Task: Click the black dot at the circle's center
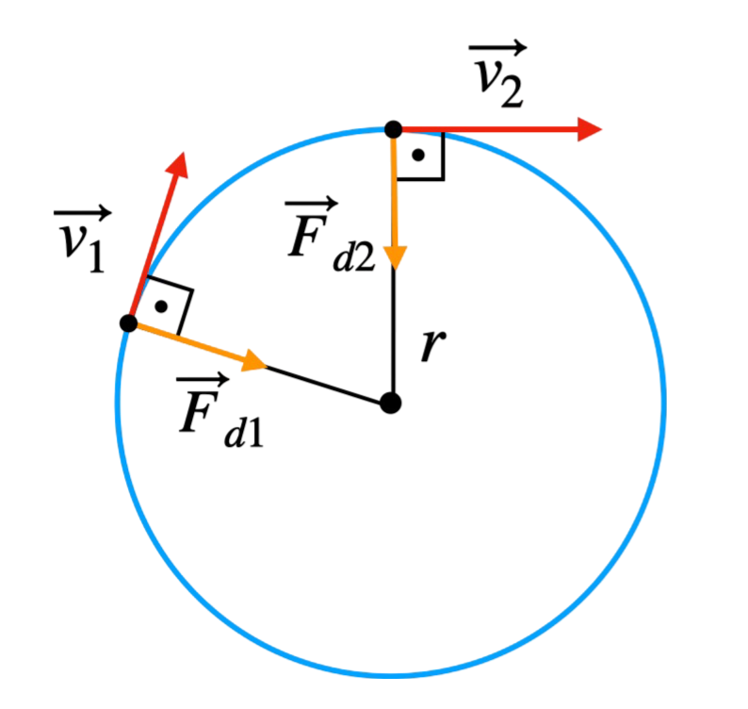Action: coord(392,404)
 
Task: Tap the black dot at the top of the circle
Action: coord(394,128)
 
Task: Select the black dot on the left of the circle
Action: coord(128,323)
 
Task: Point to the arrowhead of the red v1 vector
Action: coord(177,165)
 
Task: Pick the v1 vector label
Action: coord(81,241)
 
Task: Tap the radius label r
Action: coord(429,347)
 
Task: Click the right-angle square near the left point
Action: coord(166,304)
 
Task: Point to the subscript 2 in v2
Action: coord(512,91)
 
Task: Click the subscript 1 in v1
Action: coord(95,256)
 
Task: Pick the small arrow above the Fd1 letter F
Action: coord(201,382)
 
